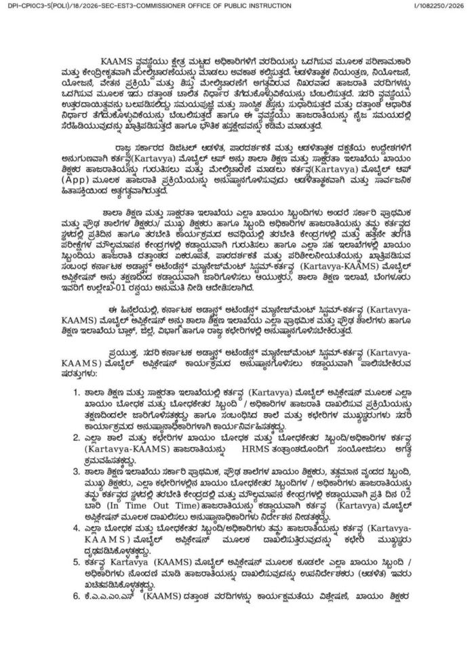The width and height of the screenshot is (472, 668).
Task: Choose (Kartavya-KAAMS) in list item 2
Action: coord(120,449)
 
